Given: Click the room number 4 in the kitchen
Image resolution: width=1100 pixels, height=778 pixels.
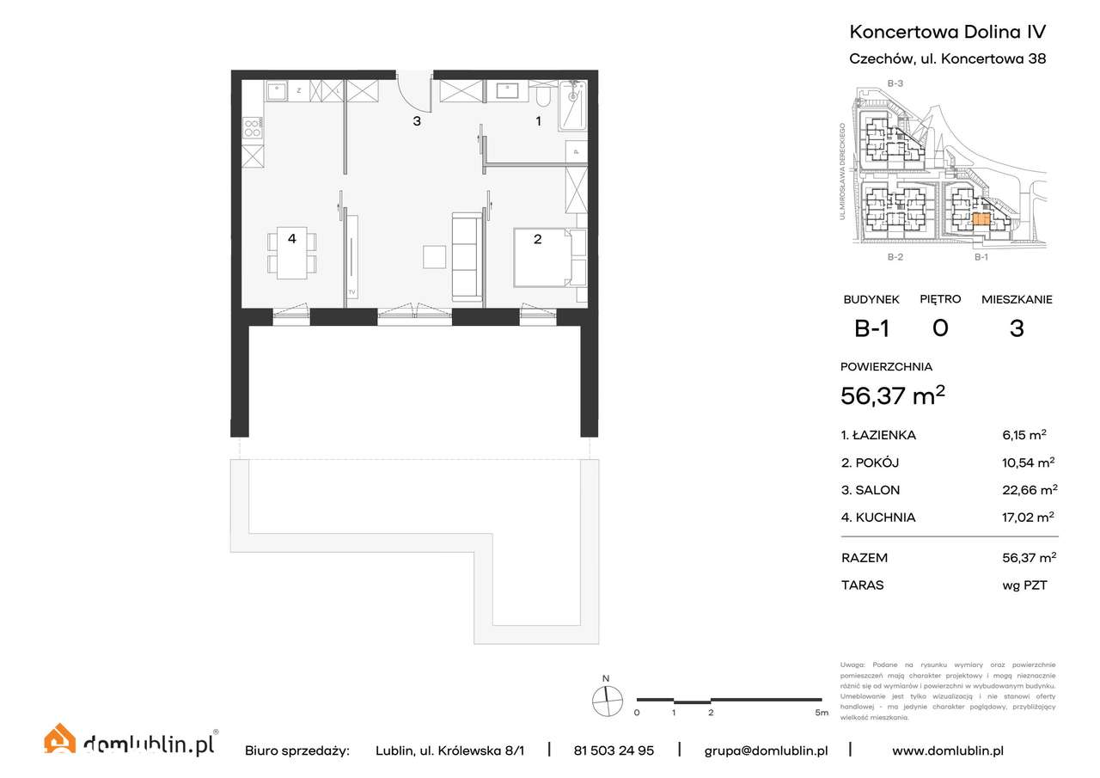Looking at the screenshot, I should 292,239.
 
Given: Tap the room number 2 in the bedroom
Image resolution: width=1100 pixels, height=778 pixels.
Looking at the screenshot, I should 538,239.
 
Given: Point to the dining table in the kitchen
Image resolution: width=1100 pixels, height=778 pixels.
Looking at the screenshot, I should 292,254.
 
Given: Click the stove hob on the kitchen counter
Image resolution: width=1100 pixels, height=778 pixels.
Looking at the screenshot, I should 253,129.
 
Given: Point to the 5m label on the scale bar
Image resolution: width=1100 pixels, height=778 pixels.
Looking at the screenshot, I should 822,713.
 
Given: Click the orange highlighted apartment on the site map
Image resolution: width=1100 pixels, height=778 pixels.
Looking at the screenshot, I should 981,219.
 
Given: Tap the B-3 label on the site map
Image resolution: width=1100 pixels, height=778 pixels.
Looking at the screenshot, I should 895,83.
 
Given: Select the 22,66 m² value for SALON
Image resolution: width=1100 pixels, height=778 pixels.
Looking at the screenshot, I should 1030,490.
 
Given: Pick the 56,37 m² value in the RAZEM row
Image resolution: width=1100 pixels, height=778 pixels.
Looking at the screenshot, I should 1029,557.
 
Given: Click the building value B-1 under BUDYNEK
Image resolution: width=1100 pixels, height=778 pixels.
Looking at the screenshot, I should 871,328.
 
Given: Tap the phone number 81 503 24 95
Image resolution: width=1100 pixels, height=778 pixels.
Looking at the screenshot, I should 614,750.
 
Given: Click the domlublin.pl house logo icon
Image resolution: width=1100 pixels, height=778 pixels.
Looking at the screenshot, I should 60,739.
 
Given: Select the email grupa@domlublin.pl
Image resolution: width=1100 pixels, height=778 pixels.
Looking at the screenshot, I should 766,750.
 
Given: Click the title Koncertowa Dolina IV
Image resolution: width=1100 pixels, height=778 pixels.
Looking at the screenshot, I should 947,32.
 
